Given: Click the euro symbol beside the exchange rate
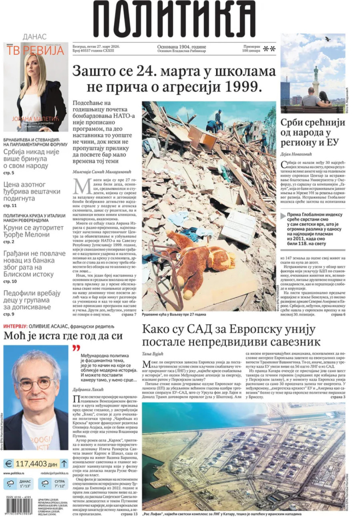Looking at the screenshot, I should click(x=8, y=464).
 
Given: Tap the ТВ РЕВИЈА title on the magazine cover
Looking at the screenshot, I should click(x=36, y=50).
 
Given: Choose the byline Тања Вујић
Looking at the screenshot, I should click(x=152, y=354).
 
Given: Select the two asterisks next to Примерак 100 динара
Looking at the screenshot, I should click(x=269, y=49).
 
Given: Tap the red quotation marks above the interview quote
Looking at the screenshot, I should click(x=76, y=348).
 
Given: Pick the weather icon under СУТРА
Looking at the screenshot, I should click(x=45, y=484).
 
